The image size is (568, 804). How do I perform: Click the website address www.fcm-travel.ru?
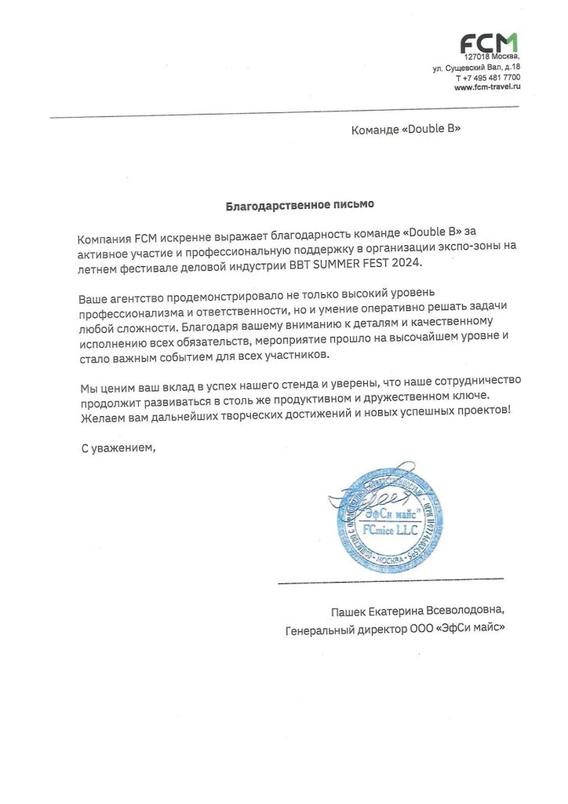[x=487, y=87]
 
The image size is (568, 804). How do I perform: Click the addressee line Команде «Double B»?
[x=406, y=129]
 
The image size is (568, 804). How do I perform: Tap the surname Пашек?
[x=349, y=610]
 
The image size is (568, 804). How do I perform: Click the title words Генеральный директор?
[x=338, y=628]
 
